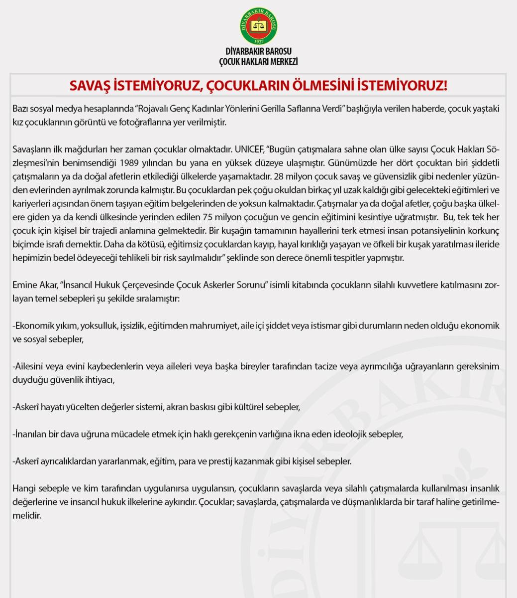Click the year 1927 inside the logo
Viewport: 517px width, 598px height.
coord(258,40)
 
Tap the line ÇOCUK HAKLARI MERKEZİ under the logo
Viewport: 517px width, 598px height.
coord(258,61)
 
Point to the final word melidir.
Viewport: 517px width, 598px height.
coord(25,515)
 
